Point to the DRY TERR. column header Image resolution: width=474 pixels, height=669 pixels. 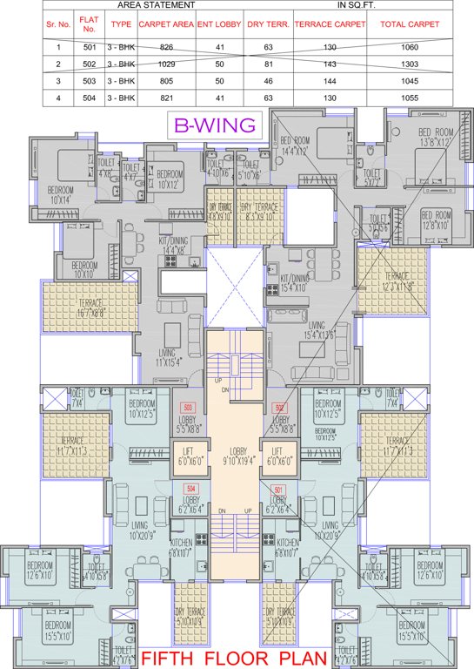(267, 25)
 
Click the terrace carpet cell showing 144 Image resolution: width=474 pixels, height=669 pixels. (330, 81)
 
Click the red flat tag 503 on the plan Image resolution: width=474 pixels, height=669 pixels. (186, 408)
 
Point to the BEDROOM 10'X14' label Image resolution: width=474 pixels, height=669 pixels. (61, 194)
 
